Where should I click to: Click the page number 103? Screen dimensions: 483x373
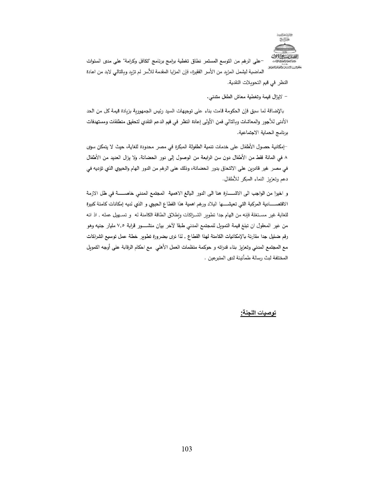[187, 449]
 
